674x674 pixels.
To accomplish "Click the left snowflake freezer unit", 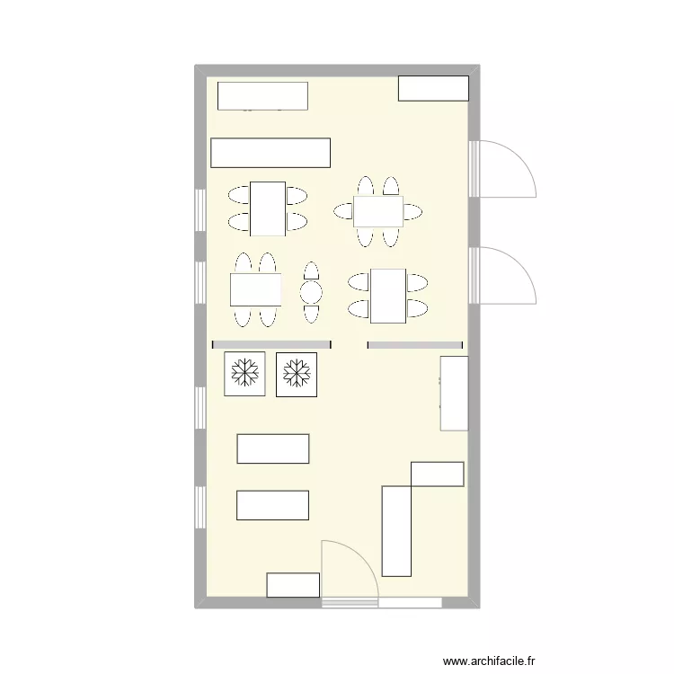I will [x=244, y=373].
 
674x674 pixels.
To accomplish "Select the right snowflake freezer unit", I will [x=297, y=373].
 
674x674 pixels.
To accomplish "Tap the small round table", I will [x=311, y=291].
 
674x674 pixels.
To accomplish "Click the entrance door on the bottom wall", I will [x=349, y=570].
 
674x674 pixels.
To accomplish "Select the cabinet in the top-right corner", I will [x=433, y=88].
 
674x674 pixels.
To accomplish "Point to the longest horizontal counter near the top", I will [x=270, y=153].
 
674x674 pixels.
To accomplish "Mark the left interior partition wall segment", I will [x=271, y=344].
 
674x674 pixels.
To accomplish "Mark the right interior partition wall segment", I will [x=415, y=344].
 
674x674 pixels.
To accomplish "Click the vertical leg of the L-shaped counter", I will [x=396, y=530].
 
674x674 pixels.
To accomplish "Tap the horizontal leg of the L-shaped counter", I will [x=438, y=474].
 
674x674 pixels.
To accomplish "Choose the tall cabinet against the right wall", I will [x=454, y=393].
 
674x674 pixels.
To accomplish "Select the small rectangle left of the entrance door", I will [x=293, y=585].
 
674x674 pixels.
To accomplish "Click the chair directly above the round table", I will [x=311, y=271].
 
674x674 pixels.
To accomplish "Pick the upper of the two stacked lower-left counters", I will [x=273, y=448].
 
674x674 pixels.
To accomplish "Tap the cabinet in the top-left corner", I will [x=262, y=95].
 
